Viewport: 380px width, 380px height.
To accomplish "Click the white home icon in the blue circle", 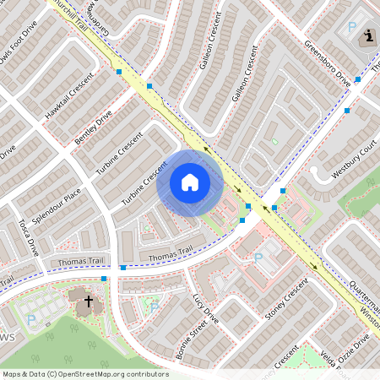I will coord(190,182).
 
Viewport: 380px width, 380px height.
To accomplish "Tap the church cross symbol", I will coord(88,301).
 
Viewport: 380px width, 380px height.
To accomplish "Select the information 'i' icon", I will coord(369,36).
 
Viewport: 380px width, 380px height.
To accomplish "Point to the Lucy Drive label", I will coord(205,310).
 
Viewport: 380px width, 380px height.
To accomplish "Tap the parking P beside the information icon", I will coord(351,27).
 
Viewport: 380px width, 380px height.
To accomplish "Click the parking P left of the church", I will coord(31,319).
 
